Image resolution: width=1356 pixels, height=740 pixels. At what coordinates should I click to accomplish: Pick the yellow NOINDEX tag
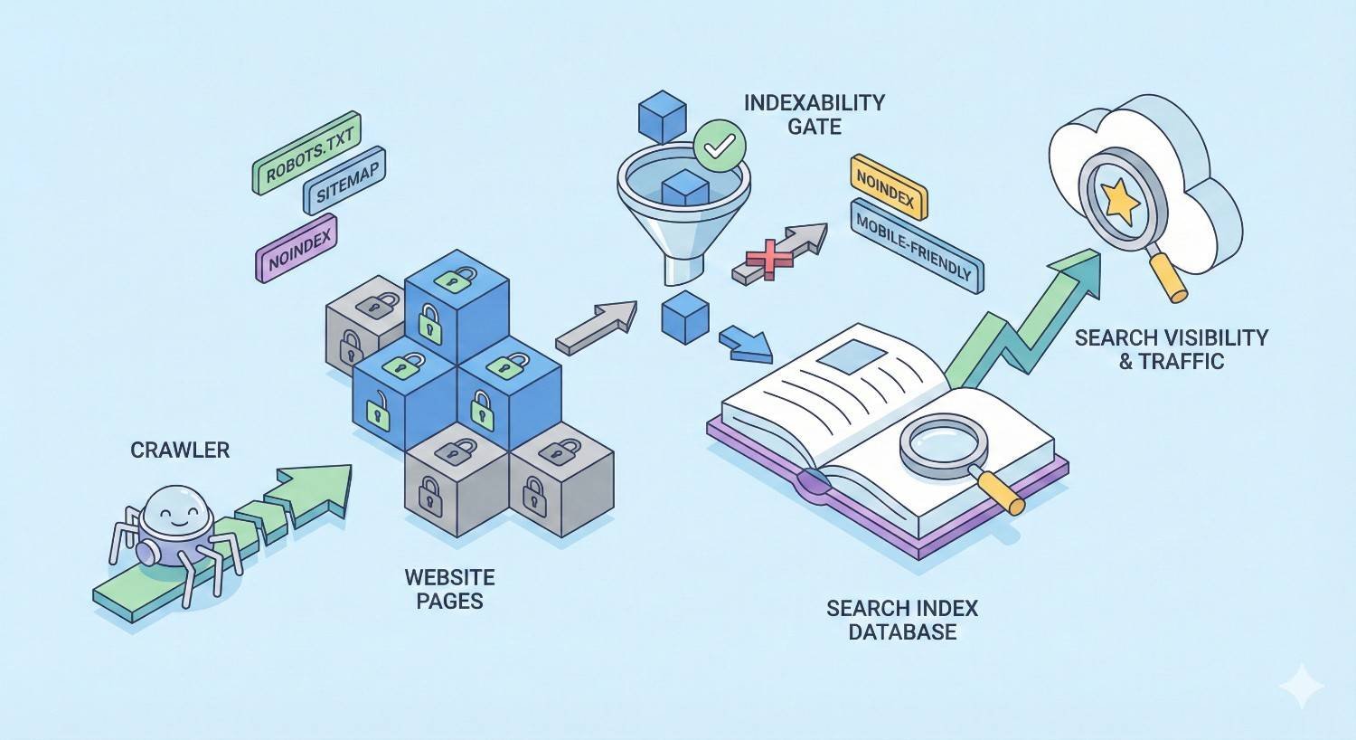click(x=889, y=187)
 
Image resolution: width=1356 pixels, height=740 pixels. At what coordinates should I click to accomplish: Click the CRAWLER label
click(x=180, y=450)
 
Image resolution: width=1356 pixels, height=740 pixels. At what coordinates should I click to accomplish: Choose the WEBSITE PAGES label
click(x=449, y=588)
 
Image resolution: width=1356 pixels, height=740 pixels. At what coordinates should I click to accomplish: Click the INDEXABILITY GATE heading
click(x=814, y=114)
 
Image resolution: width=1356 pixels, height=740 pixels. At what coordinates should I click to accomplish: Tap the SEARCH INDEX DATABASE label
click(x=902, y=619)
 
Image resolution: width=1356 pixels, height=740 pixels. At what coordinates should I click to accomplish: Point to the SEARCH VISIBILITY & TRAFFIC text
click(x=1171, y=349)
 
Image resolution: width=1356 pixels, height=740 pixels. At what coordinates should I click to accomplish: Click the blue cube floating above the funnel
click(x=663, y=115)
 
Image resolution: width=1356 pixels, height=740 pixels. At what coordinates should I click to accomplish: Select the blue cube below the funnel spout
click(x=685, y=316)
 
